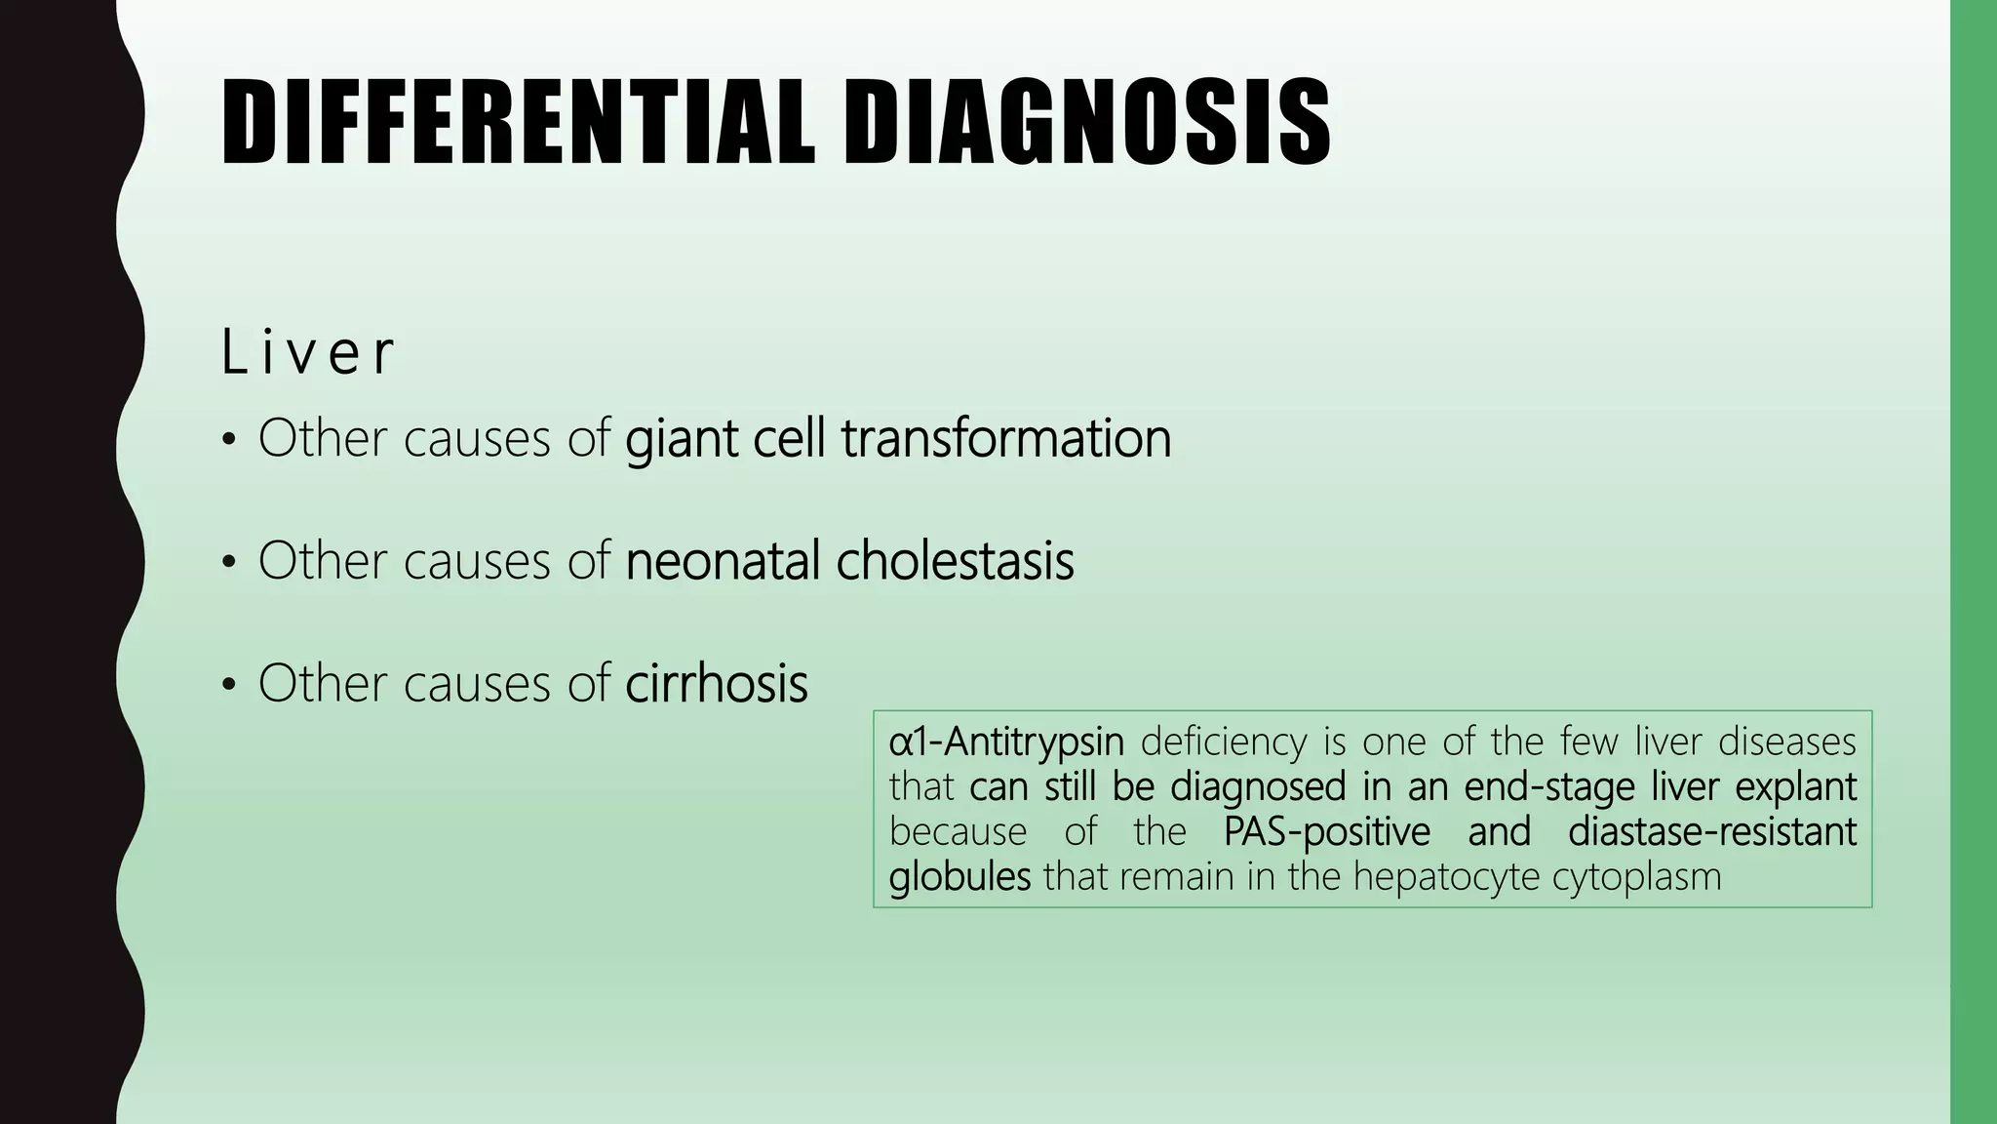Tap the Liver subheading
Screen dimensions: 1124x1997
[308, 352]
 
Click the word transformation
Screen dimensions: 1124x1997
[1006, 439]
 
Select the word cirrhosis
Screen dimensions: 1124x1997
[716, 683]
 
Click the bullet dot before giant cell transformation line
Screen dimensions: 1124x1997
[229, 441]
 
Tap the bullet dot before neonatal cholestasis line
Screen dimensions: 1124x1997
[229, 563]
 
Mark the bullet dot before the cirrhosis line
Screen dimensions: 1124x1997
[229, 685]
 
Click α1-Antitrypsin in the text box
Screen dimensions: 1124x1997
[1006, 743]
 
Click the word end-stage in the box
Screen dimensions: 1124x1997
[1549, 787]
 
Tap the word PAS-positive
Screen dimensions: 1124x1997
[1326, 832]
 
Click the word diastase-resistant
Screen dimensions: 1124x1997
[1712, 832]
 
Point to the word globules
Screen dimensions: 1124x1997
[959, 877]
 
